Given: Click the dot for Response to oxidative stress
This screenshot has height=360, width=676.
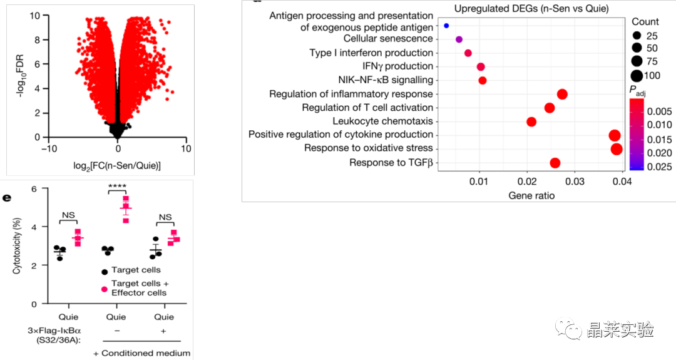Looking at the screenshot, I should [616, 149].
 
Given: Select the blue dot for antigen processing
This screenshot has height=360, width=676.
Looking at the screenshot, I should [446, 26].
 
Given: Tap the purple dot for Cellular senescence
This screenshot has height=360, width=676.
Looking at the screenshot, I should [459, 39].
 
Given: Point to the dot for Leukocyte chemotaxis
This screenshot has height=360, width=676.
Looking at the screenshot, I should [531, 121].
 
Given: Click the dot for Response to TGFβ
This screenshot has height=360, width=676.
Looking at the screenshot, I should [555, 163].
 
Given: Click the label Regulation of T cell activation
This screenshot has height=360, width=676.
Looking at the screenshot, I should [367, 108].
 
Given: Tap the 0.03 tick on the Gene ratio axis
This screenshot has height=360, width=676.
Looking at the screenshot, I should [575, 182].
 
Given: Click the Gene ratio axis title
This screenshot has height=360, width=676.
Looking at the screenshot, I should [531, 195].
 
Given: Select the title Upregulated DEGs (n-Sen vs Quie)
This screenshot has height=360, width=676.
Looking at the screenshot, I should [532, 9].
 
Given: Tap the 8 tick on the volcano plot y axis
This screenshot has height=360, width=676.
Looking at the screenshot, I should [38, 39].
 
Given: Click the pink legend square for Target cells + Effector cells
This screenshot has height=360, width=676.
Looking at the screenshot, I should [105, 288].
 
